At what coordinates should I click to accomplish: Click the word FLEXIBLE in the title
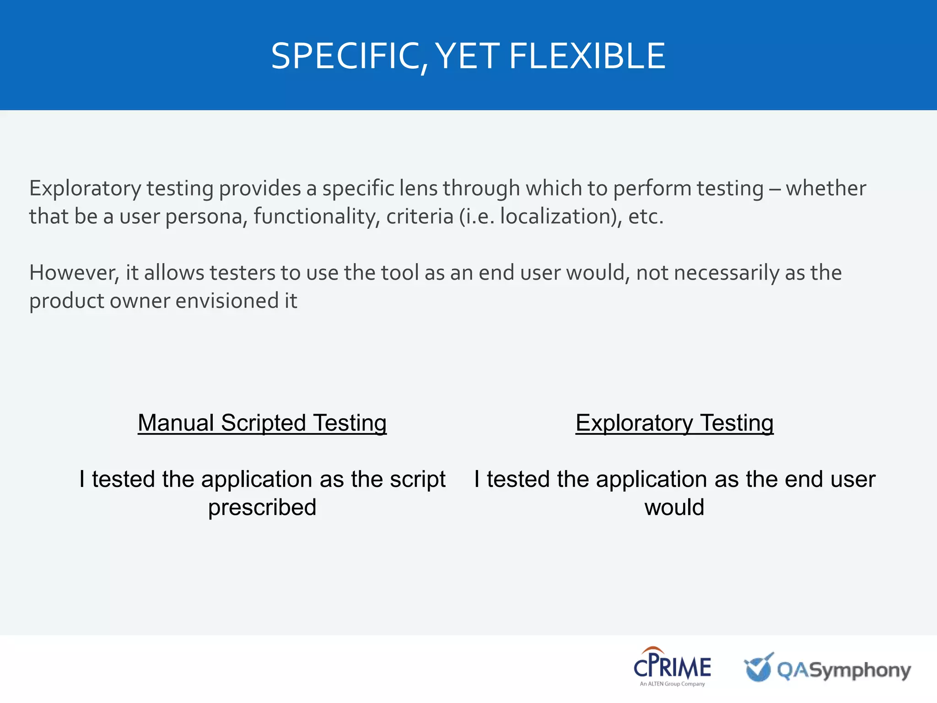pyautogui.click(x=587, y=56)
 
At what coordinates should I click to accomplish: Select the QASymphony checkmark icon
pyautogui.click(x=759, y=668)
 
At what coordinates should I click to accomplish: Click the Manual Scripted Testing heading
pyautogui.click(x=262, y=422)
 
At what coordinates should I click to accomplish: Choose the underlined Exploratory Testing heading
pyautogui.click(x=674, y=422)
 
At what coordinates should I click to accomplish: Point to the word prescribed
pyautogui.click(x=262, y=507)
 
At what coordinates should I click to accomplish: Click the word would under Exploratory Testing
pyautogui.click(x=674, y=507)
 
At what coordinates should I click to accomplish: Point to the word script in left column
pyautogui.click(x=418, y=480)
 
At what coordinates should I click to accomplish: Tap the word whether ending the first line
pyautogui.click(x=826, y=188)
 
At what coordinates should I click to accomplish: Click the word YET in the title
pyautogui.click(x=467, y=56)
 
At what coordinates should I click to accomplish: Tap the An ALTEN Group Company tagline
pyautogui.click(x=672, y=684)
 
